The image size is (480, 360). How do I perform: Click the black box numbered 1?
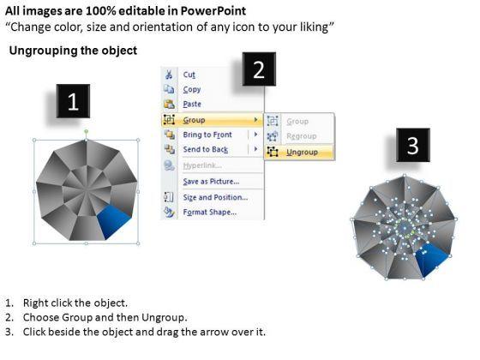73,101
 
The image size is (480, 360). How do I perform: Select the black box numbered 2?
259,69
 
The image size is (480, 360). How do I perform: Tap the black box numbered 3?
413,145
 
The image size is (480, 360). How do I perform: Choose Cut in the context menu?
189,75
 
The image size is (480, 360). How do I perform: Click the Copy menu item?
192,89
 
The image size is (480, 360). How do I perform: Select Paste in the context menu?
192,104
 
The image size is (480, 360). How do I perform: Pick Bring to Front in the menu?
207,135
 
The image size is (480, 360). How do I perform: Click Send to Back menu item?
206,149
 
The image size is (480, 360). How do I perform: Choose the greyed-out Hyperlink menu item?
202,165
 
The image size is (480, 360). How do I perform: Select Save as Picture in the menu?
211,182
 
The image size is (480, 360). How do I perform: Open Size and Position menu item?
215,197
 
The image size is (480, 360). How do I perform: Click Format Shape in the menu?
210,213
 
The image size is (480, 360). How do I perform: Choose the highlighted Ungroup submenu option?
302,153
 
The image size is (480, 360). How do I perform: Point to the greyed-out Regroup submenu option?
301,136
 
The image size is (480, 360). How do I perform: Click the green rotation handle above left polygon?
87,132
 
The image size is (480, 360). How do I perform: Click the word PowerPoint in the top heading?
213,11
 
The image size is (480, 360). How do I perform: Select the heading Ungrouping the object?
73,51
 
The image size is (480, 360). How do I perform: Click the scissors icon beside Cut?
169,75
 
